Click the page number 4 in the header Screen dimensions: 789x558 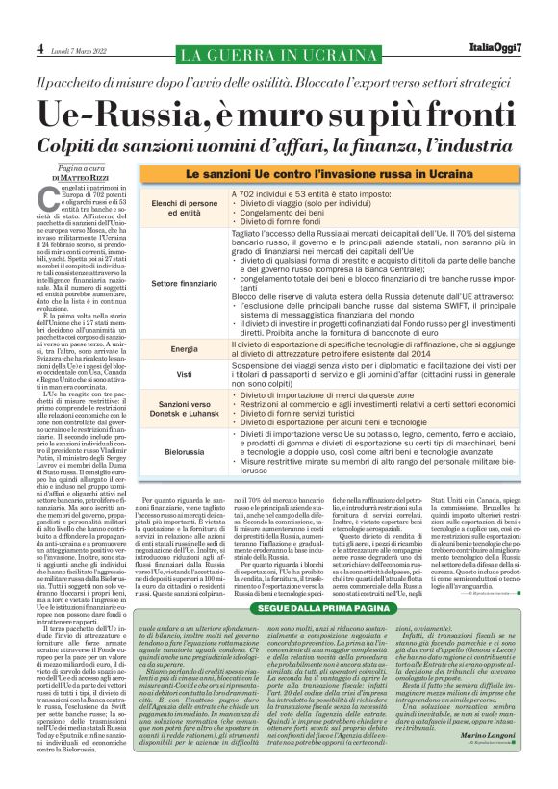(x=41, y=48)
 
